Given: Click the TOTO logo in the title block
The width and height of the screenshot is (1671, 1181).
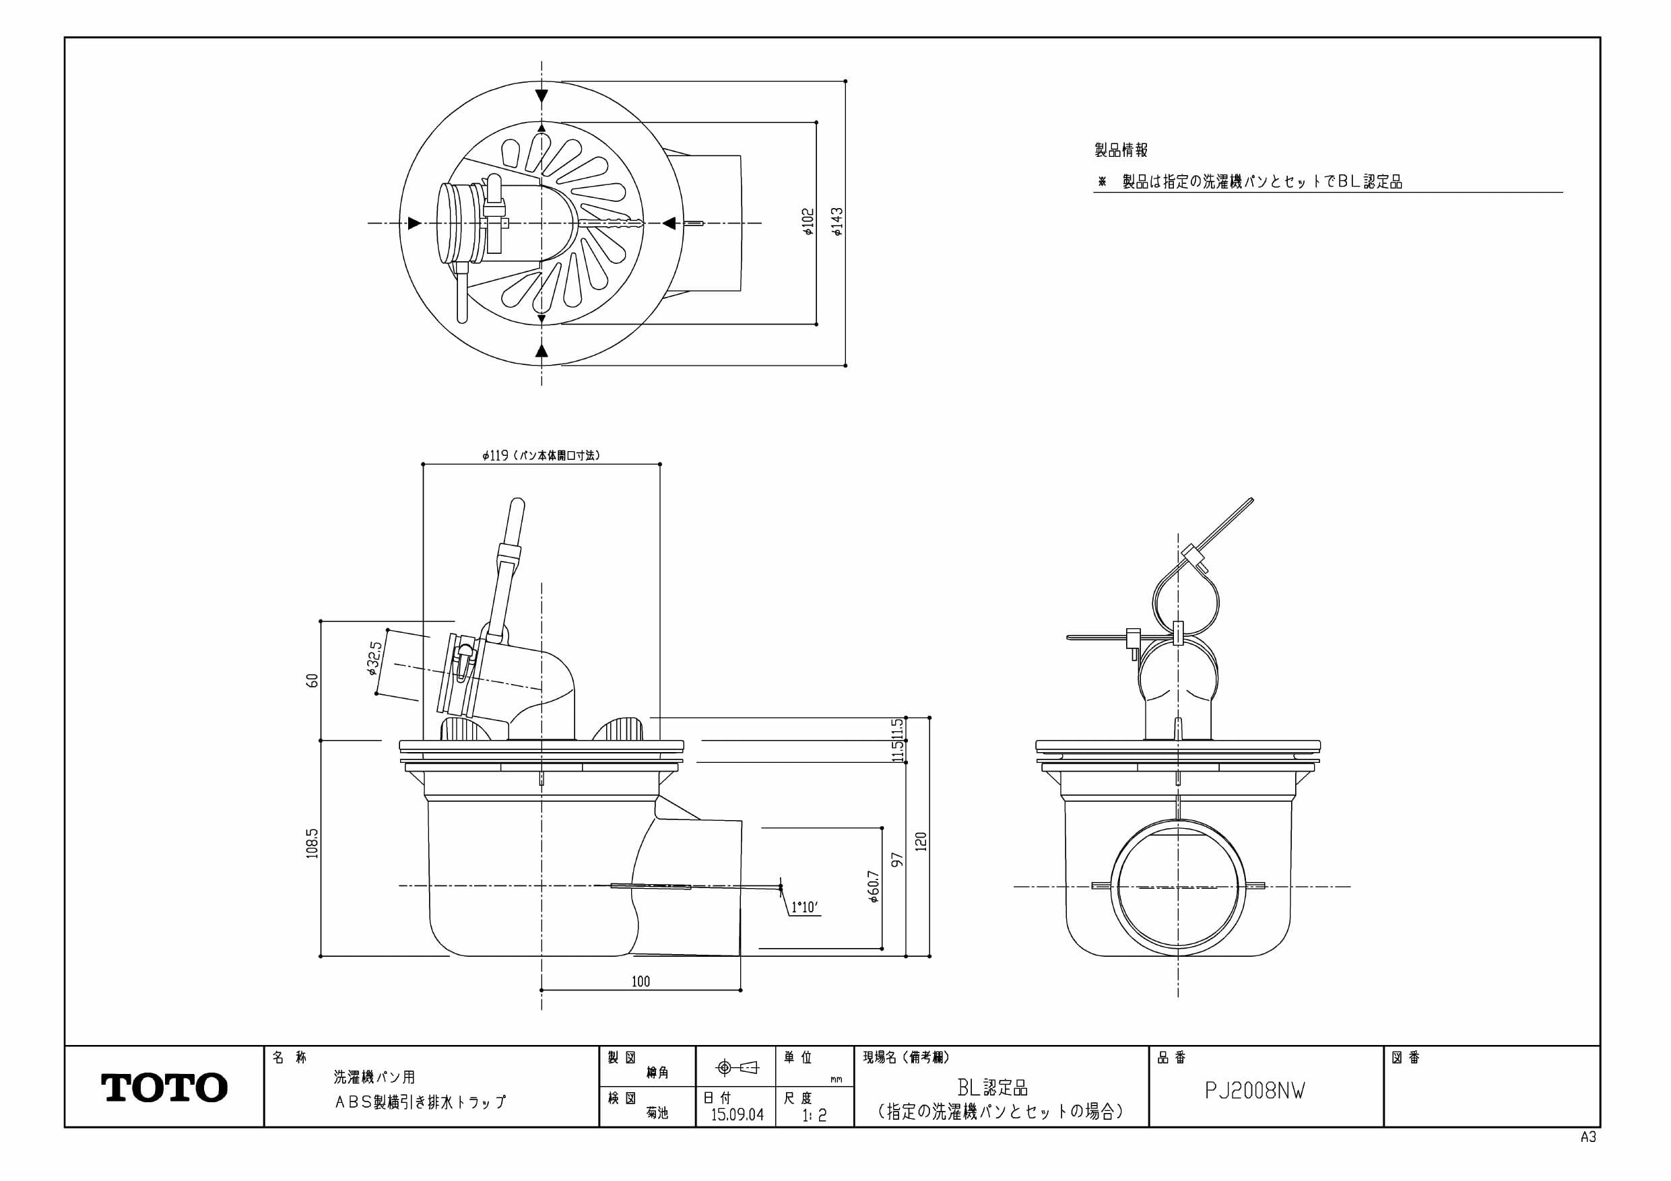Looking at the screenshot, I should [x=164, y=1087].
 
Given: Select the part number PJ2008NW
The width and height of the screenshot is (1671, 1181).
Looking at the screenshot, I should [x=1255, y=1091].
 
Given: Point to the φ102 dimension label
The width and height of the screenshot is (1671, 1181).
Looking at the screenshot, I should [x=808, y=223].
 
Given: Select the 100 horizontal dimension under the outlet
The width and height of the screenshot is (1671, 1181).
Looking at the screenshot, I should [x=641, y=982].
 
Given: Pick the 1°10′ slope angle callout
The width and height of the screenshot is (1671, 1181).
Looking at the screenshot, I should [x=805, y=908].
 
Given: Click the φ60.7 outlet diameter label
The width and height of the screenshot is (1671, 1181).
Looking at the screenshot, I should [x=874, y=886].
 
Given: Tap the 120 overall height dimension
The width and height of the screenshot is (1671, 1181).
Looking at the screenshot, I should [x=921, y=842].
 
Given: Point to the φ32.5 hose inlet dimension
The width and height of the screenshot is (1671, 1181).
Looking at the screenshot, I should [x=374, y=658].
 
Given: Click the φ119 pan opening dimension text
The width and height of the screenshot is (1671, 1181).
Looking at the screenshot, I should [x=541, y=456].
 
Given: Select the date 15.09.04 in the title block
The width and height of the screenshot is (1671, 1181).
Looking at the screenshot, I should [x=738, y=1114].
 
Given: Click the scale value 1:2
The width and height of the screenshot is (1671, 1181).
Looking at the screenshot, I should [x=814, y=1115].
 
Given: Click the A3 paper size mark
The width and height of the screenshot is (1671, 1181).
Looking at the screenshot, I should [x=1588, y=1137].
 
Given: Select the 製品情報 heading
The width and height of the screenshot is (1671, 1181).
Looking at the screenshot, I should [x=1121, y=151].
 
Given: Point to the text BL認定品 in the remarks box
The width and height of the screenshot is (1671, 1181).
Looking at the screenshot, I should [x=993, y=1088].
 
